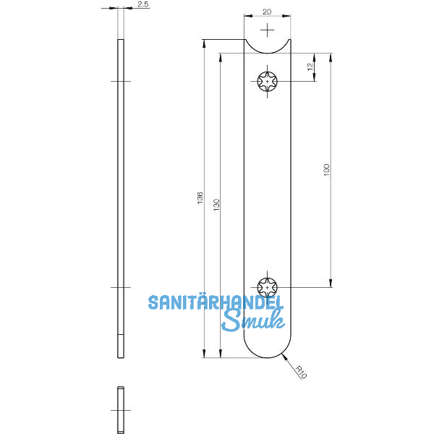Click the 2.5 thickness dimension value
click(142, 4)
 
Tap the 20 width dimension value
click(268, 12)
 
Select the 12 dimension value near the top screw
click(310, 67)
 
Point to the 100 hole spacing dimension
click(326, 171)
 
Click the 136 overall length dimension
click(200, 198)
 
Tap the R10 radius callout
click(300, 372)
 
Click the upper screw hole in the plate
click(268, 82)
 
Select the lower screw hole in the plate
click(268, 287)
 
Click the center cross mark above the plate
click(268, 30)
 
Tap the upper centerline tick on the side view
click(121, 82)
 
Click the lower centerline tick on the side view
click(121, 287)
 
